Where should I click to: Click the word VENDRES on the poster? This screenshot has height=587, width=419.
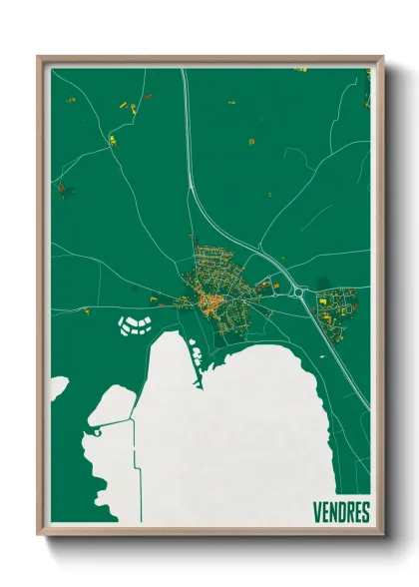click(x=333, y=513)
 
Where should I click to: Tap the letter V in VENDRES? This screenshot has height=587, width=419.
click(x=302, y=513)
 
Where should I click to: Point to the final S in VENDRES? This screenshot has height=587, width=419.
click(x=364, y=513)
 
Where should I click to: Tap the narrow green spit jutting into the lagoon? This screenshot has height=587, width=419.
click(x=194, y=359)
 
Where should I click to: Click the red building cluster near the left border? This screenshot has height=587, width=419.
click(x=62, y=187)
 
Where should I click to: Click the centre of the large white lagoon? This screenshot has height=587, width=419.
click(x=249, y=439)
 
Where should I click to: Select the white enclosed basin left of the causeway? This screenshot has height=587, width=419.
click(x=112, y=405)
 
